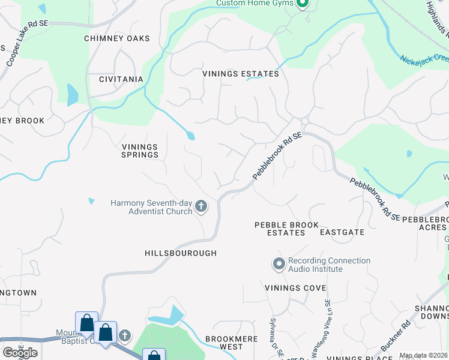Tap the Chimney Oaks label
116,38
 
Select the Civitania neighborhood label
121,79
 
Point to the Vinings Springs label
140,151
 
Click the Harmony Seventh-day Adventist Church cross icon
201,207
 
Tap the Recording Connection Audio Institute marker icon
279,264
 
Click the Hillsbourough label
180,253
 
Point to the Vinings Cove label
295,288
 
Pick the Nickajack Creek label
424,59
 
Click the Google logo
20,353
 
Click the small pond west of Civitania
73,95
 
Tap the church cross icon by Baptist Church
124,335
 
